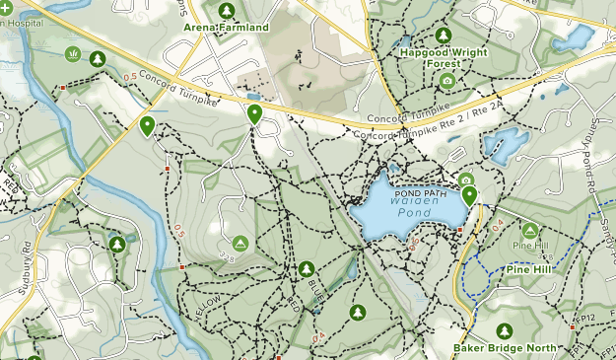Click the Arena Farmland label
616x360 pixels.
tap(226, 28)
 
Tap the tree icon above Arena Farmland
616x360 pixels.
tap(227, 11)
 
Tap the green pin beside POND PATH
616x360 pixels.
tap(469, 195)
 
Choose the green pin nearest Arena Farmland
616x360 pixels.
tap(254, 113)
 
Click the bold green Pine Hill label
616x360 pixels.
tap(533, 268)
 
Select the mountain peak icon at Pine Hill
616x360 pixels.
tap(529, 231)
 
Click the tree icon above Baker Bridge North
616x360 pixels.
tap(506, 330)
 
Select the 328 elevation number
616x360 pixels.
tap(226, 257)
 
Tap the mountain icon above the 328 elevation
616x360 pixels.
tap(240, 243)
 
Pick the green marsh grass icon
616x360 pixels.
tap(71, 53)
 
